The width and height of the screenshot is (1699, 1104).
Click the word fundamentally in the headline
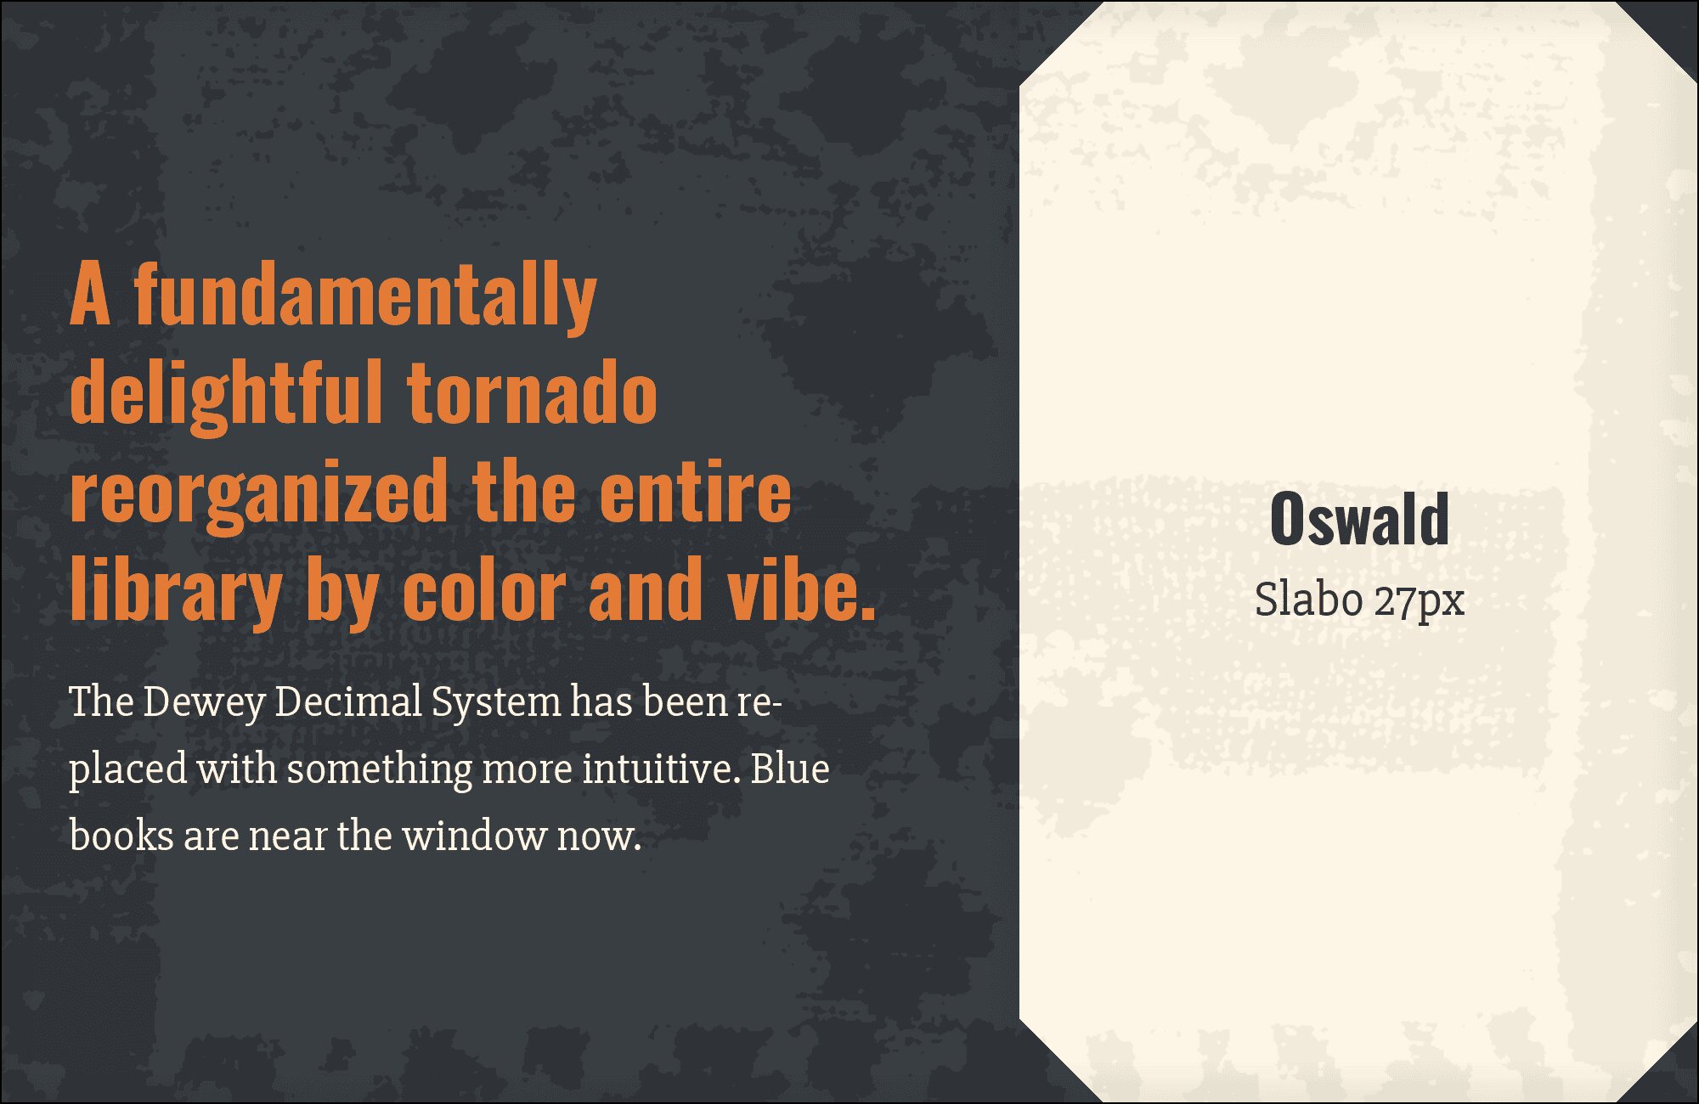click(365, 296)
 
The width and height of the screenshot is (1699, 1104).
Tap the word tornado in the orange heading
click(533, 392)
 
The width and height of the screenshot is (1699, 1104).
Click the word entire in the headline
click(696, 492)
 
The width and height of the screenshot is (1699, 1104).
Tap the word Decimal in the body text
click(348, 701)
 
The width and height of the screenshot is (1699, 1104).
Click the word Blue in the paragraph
click(790, 769)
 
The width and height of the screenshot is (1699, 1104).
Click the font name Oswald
click(1359, 519)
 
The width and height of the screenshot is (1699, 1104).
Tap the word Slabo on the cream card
click(1309, 600)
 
